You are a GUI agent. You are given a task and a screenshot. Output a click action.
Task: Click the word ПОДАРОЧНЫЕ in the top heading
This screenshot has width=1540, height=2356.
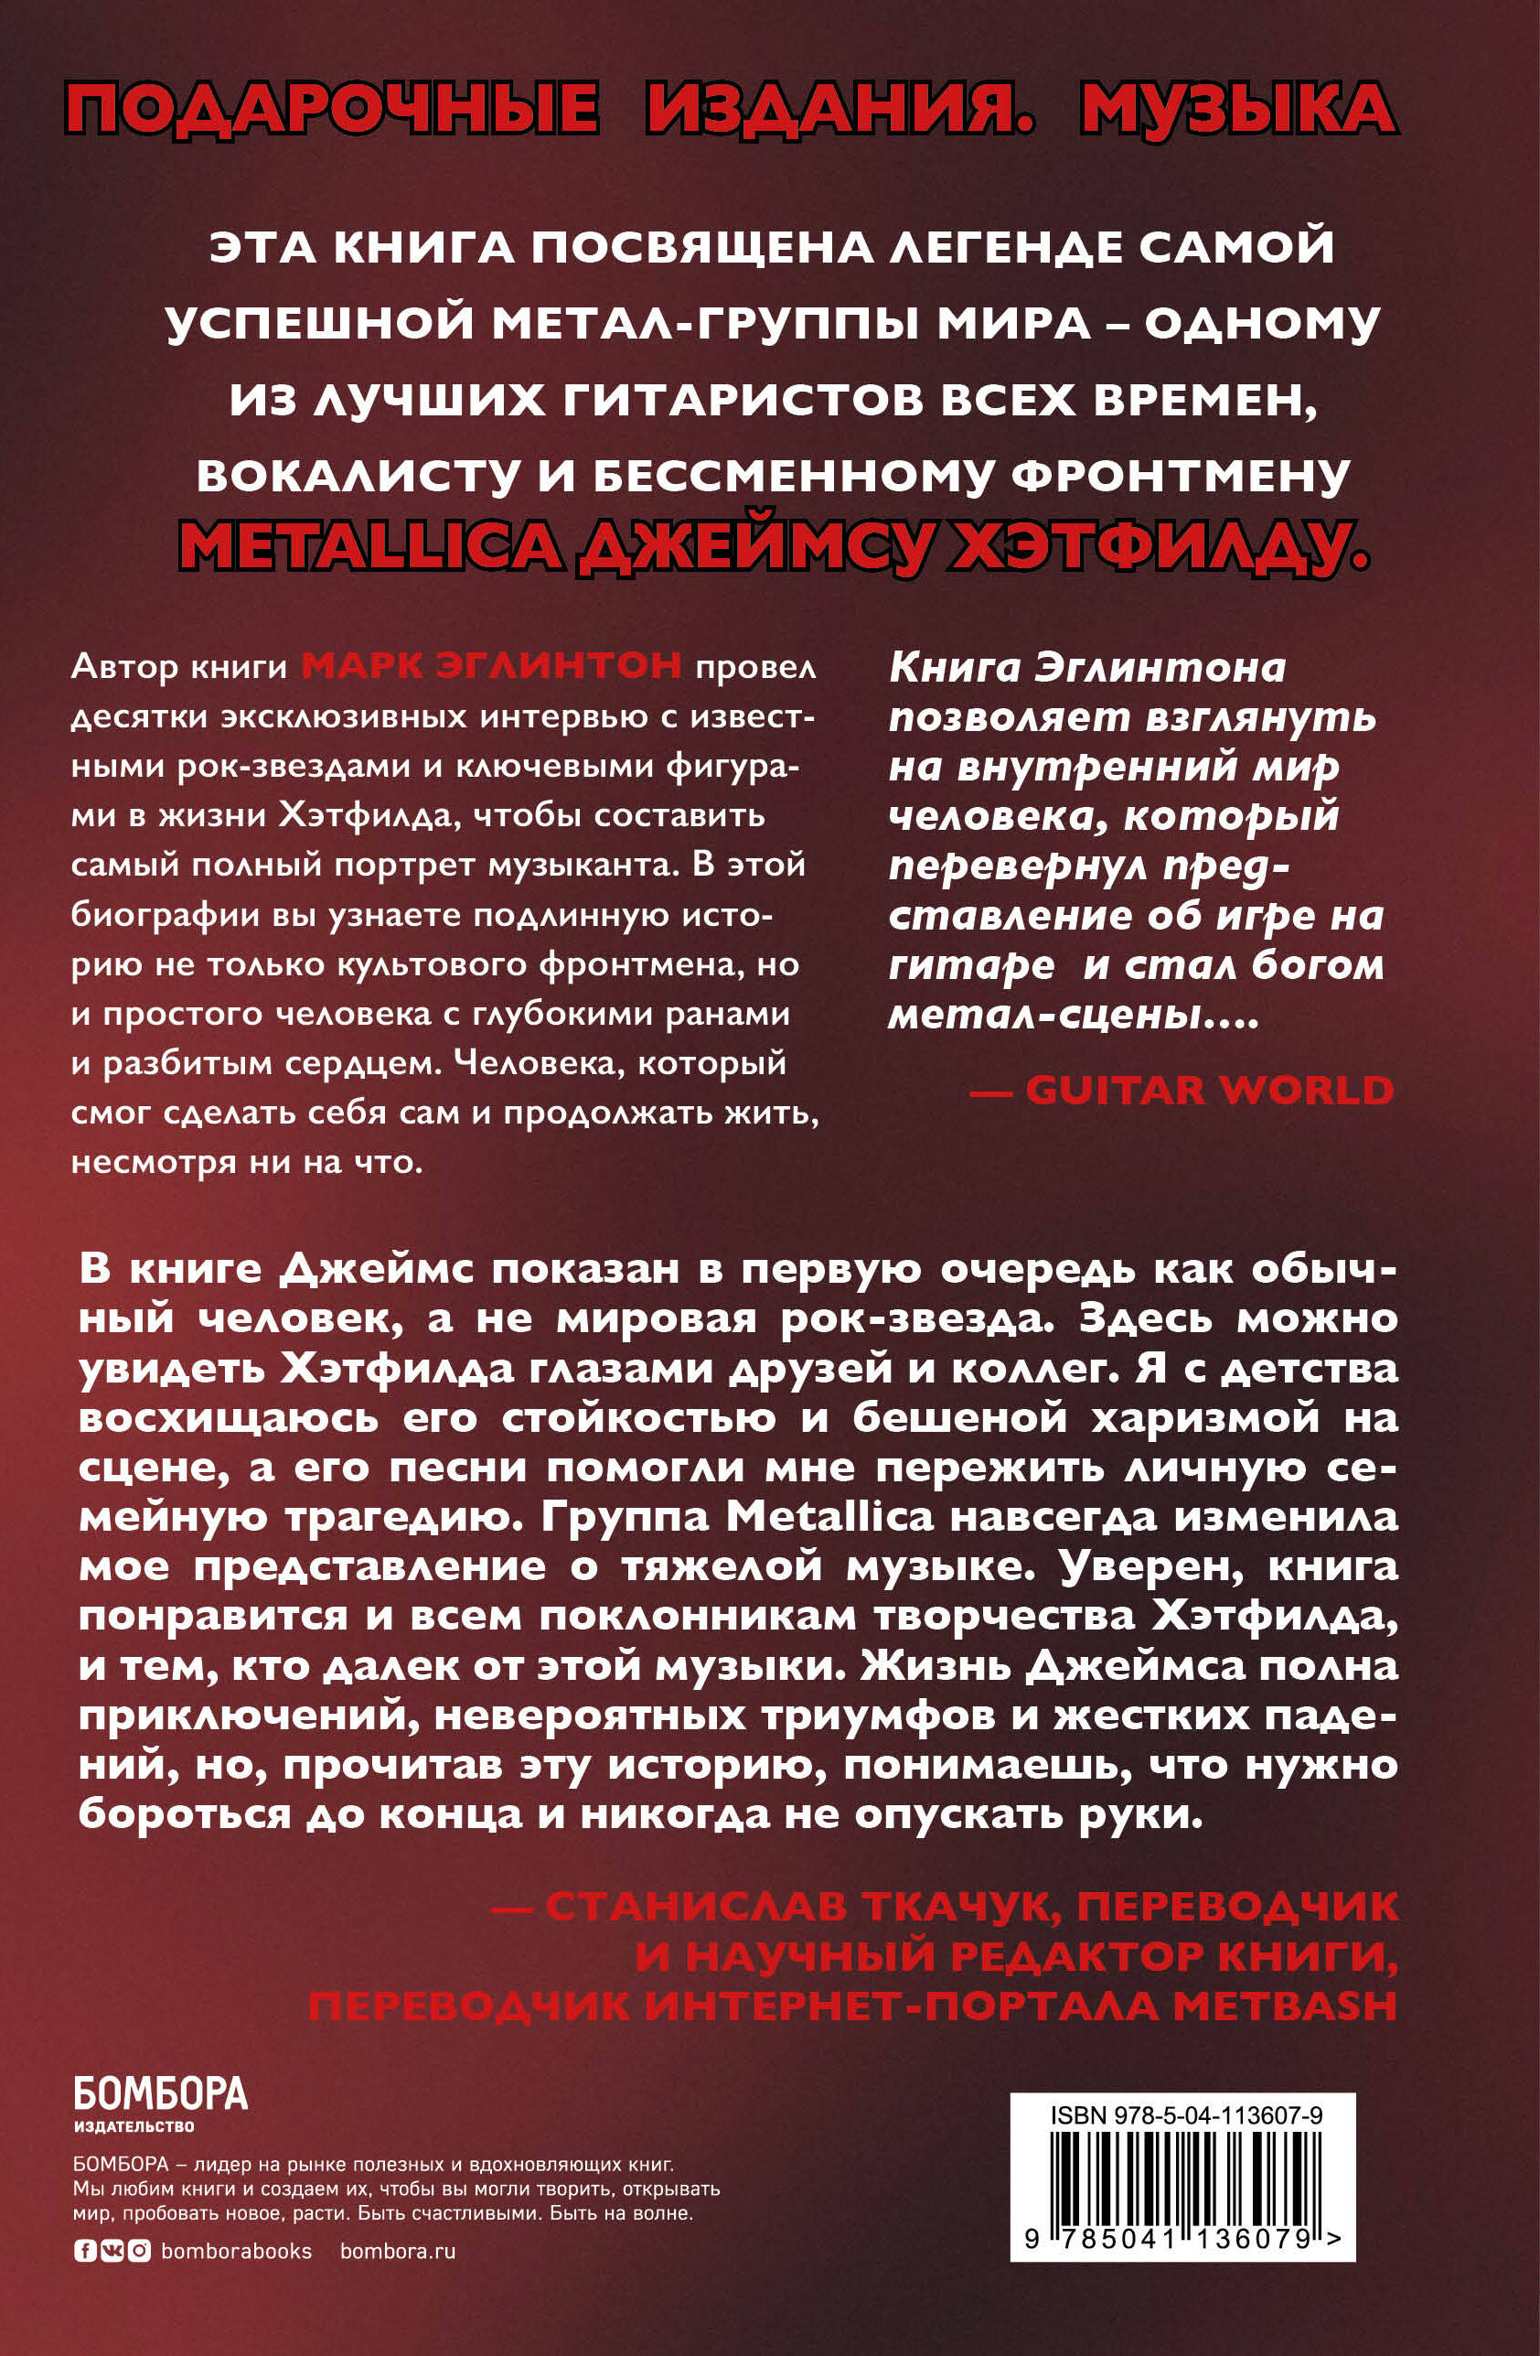332,108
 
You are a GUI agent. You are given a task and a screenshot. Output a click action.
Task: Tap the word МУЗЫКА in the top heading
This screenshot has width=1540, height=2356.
1238,108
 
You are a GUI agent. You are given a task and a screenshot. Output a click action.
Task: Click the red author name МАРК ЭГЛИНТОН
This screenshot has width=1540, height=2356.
491,665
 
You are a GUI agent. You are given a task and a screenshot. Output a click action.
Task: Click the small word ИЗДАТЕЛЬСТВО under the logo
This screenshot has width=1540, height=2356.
134,2126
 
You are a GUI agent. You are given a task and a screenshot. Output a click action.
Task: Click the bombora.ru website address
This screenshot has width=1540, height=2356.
398,2251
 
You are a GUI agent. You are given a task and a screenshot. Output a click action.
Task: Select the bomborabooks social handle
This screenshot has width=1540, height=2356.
237,2251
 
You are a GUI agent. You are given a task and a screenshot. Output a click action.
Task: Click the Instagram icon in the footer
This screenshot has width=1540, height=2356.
140,2251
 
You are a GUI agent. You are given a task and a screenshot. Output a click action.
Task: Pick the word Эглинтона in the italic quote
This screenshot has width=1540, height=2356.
1159,668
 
